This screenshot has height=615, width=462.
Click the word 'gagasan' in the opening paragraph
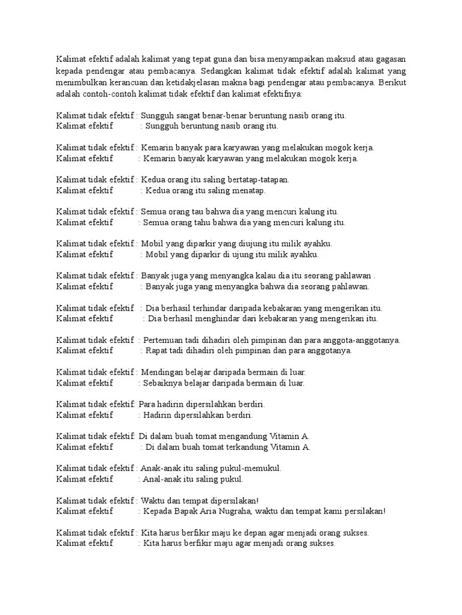point(389,59)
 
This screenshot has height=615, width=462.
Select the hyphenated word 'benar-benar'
point(226,115)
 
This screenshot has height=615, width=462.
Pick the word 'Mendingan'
point(163,372)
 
